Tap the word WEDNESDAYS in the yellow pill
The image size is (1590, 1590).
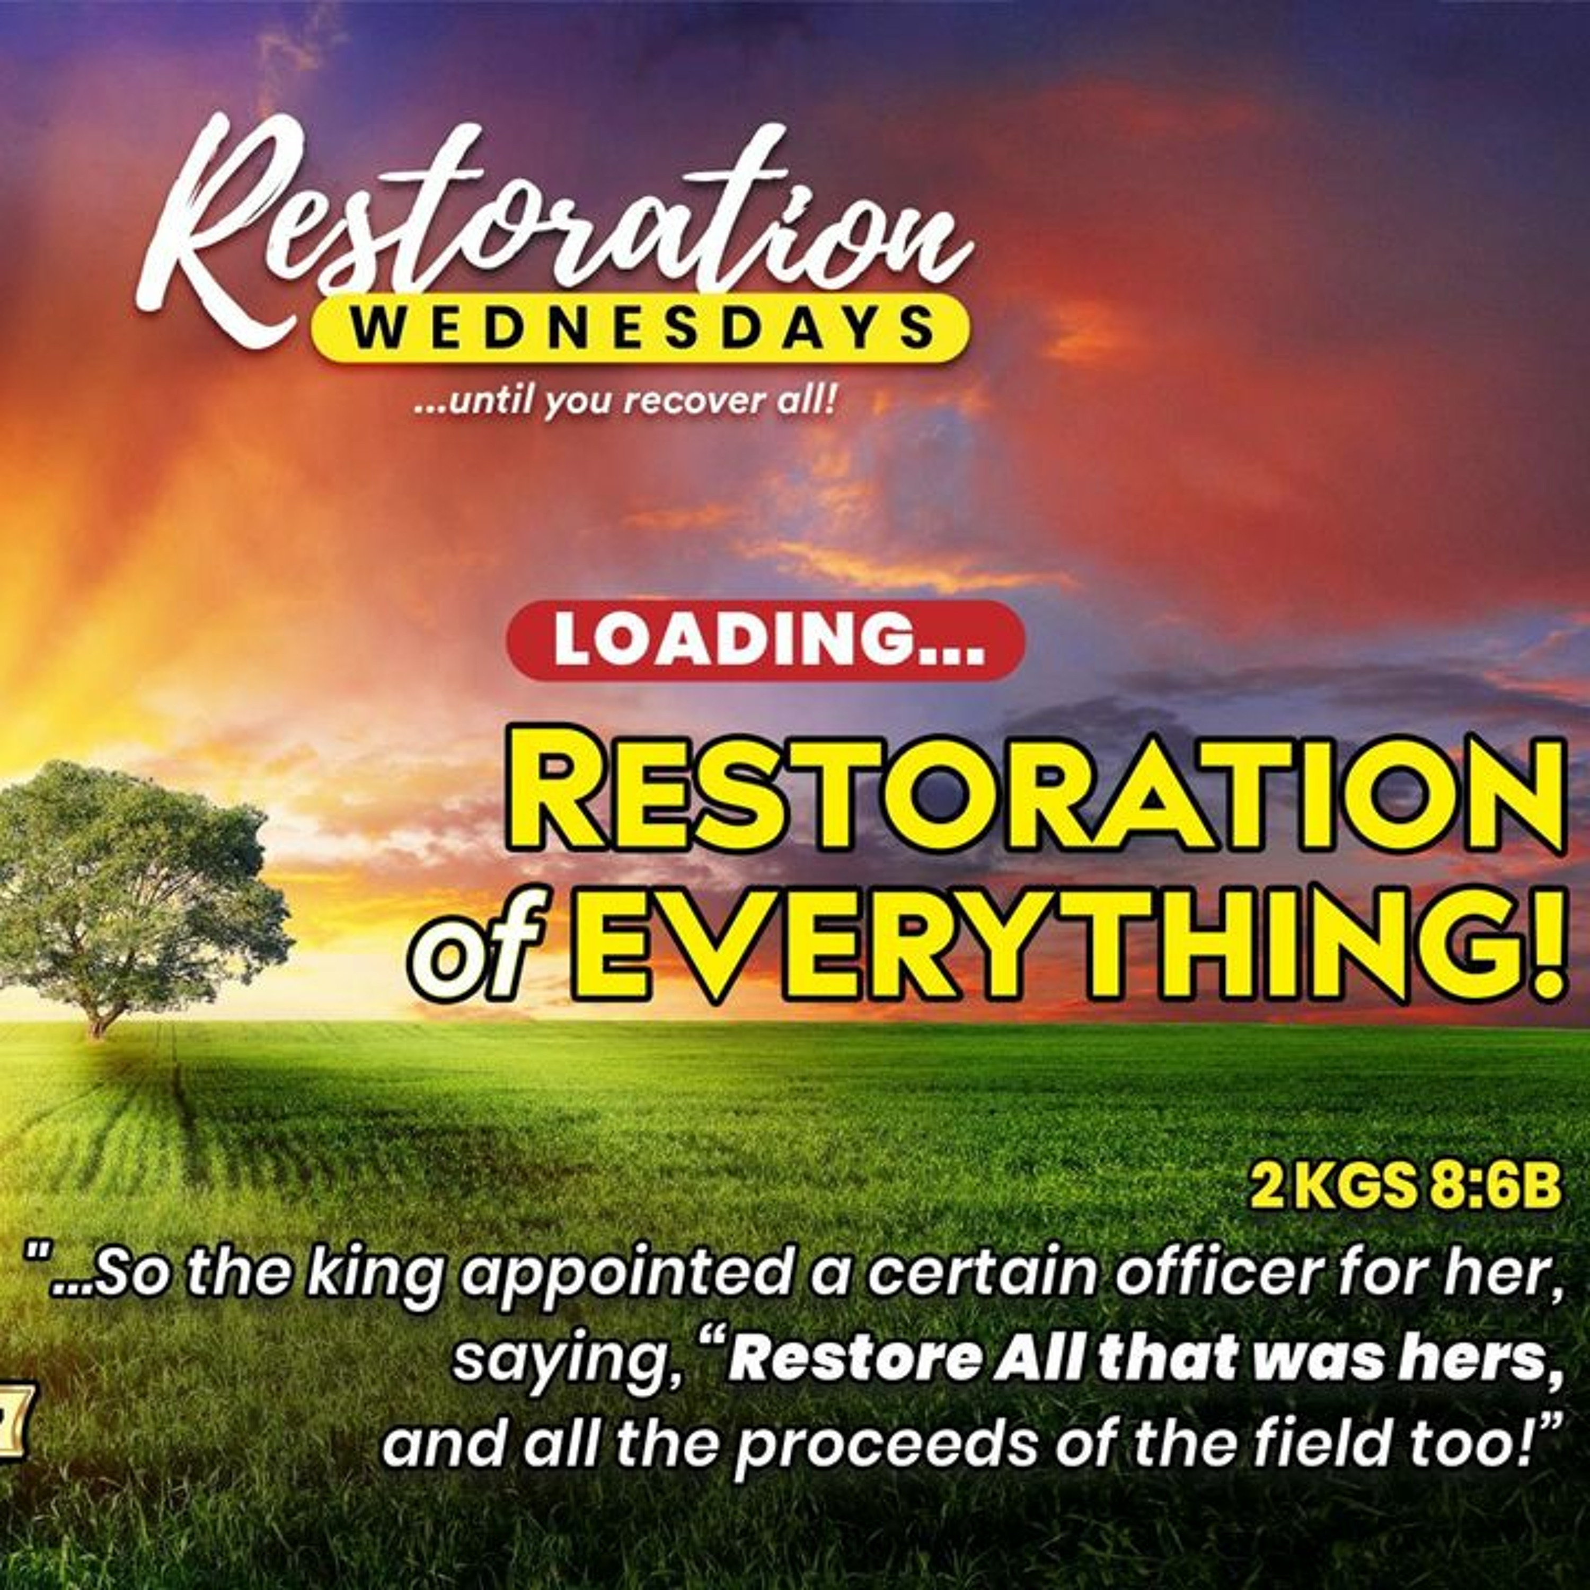coord(641,329)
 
